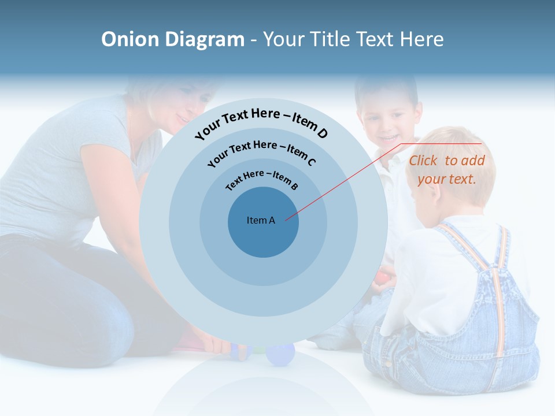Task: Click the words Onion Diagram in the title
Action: coord(172,39)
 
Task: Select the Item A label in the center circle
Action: coord(261,220)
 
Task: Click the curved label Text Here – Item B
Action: coord(262,179)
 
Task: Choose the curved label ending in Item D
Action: coord(261,122)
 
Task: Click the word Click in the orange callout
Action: coord(424,161)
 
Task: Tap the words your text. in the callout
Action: coord(446,179)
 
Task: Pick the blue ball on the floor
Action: coord(280,354)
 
